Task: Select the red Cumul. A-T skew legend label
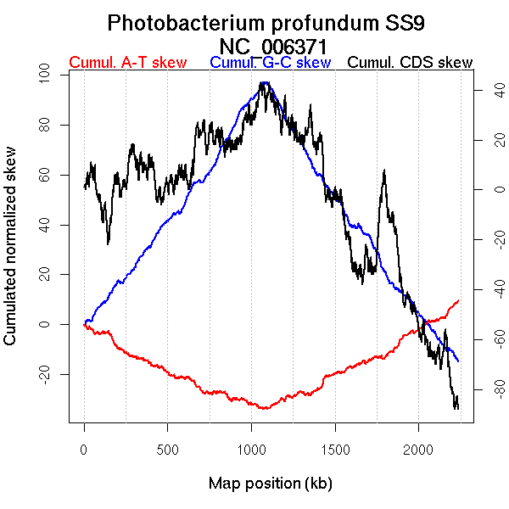pos(126,63)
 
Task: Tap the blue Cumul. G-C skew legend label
pos(270,63)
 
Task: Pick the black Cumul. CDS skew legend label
pos(411,63)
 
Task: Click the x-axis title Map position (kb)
pos(270,484)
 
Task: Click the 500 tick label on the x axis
pos(167,448)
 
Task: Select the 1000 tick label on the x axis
pos(251,448)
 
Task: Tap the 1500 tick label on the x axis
pos(334,448)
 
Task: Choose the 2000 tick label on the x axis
pos(418,448)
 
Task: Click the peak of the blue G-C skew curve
pos(266,82)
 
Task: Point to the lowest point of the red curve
pos(266,409)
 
